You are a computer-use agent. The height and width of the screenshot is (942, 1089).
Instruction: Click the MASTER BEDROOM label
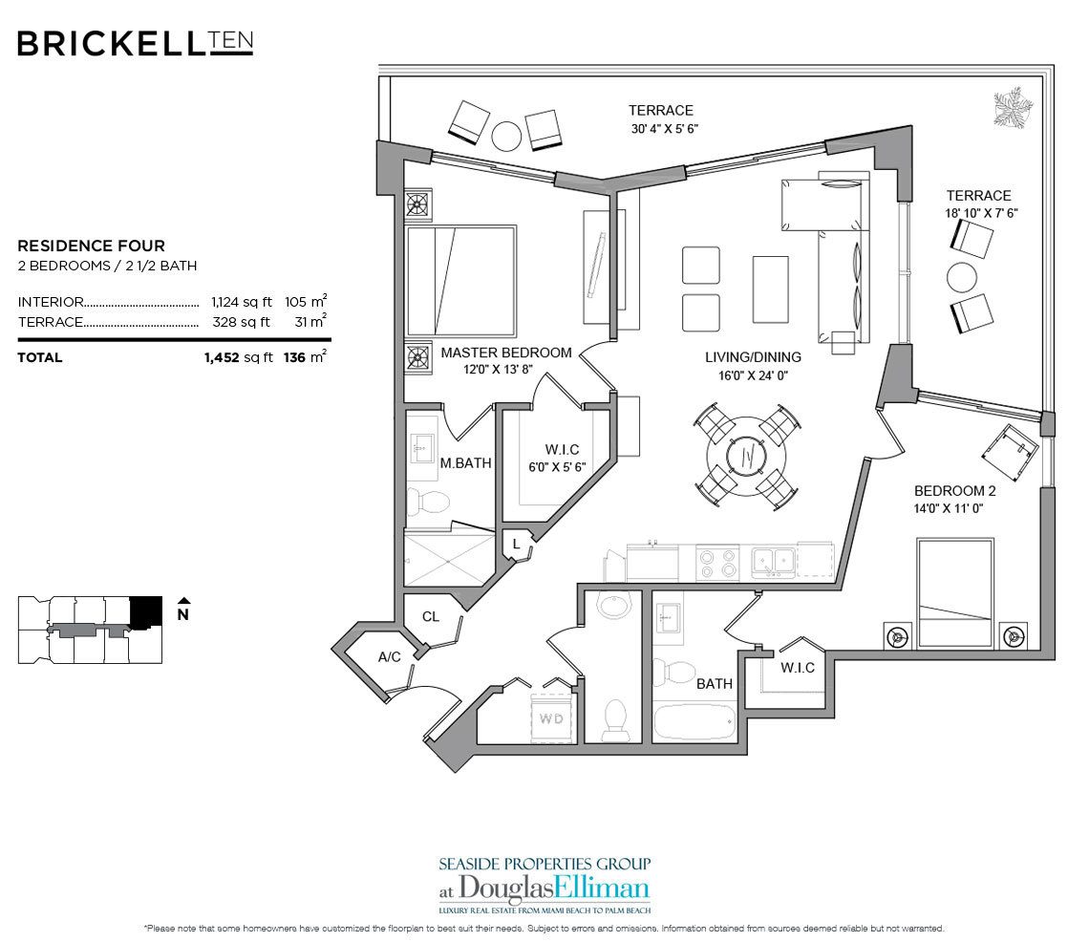click(505, 353)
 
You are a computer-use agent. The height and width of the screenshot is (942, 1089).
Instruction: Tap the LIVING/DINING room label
click(753, 357)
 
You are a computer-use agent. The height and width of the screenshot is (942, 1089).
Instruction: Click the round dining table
click(749, 455)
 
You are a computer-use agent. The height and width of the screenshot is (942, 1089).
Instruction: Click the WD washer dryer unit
click(550, 716)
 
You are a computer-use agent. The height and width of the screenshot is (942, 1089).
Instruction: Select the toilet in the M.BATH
click(428, 500)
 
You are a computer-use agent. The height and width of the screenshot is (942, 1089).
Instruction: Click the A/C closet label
click(389, 656)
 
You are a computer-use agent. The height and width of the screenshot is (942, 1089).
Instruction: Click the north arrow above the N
click(182, 601)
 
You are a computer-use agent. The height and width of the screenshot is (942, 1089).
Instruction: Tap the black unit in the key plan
click(145, 611)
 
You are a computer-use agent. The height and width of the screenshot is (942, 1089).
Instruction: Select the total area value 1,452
click(223, 357)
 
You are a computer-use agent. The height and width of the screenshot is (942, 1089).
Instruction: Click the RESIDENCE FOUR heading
click(91, 246)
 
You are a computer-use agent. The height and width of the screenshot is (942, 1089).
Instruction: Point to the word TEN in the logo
click(231, 41)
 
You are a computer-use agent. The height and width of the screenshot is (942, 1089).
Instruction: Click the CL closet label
click(431, 616)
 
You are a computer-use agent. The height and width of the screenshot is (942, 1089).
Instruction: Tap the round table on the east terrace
click(962, 278)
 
